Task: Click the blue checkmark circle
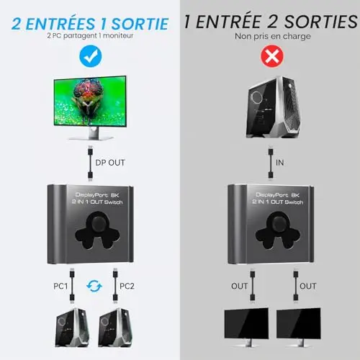[x=91, y=56]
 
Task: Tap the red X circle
[x=272, y=56]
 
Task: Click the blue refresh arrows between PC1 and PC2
[x=94, y=286]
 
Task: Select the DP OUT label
[x=110, y=163]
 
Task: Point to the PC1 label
[x=60, y=286]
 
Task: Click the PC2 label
[x=127, y=286]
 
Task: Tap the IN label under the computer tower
[x=280, y=163]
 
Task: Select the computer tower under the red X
[x=274, y=107]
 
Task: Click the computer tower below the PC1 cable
[x=72, y=328]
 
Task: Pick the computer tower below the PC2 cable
[x=115, y=328]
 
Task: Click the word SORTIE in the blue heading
[x=140, y=24]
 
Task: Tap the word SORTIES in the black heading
[x=321, y=22]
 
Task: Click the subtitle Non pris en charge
[x=273, y=36]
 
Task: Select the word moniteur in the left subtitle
[x=118, y=35]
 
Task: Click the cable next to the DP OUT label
[x=90, y=163]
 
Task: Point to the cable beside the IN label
[x=271, y=163]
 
